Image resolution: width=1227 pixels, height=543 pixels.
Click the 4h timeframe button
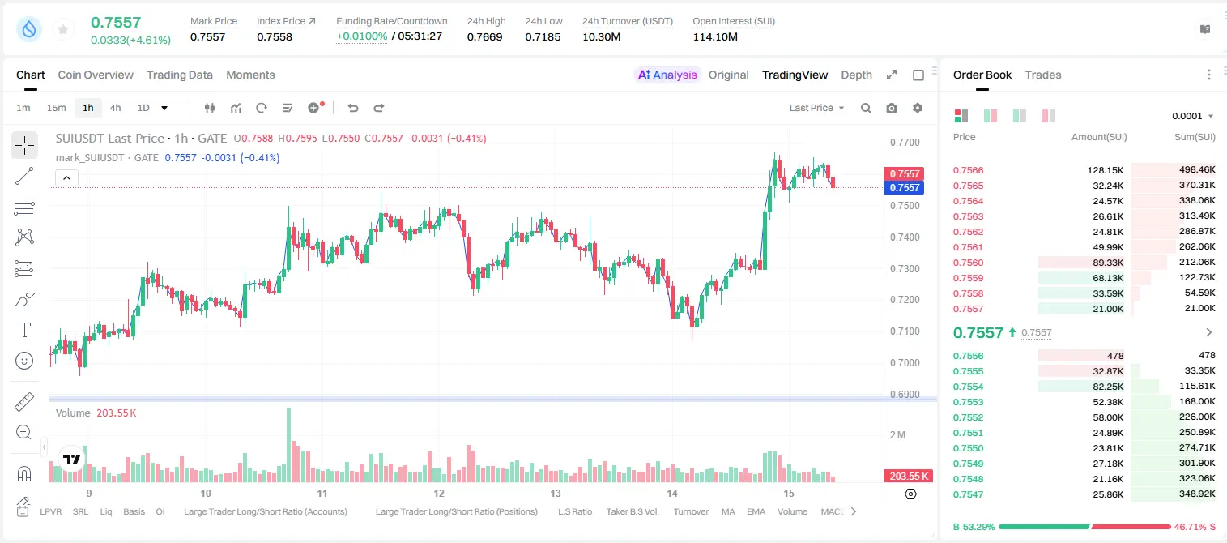click(115, 108)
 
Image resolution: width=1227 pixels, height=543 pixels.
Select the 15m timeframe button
click(56, 108)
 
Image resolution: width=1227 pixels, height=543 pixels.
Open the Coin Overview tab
click(96, 75)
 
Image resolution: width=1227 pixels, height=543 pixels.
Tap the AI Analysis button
click(667, 75)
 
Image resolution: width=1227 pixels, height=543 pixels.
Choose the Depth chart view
click(856, 75)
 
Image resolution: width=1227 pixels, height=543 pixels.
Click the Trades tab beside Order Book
click(1042, 75)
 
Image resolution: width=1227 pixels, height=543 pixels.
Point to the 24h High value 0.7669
click(484, 36)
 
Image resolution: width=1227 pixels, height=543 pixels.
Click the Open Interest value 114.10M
click(715, 36)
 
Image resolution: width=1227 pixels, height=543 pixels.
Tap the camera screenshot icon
click(891, 108)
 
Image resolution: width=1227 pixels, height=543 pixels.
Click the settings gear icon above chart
click(918, 108)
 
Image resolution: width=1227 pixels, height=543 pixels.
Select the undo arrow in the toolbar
click(353, 108)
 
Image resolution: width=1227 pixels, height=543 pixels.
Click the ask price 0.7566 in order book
click(968, 170)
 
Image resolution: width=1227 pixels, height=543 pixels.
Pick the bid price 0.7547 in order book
click(968, 494)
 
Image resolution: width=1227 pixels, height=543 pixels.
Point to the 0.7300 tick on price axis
click(905, 268)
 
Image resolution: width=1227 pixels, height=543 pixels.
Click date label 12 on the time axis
click(439, 493)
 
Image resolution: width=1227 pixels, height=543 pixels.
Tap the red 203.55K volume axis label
click(908, 477)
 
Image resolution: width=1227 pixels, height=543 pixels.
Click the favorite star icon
click(63, 29)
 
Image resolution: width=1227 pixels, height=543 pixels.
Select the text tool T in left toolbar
click(24, 330)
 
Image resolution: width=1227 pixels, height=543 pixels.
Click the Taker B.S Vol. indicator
click(632, 511)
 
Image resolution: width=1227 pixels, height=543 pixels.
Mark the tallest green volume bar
click(288, 444)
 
